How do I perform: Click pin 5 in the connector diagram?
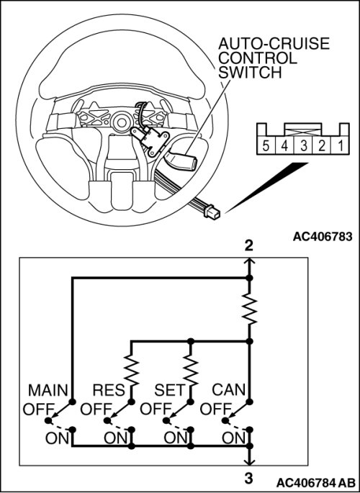pos(266,146)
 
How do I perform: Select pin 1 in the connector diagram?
pos(341,146)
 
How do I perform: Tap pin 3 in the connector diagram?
pos(303,146)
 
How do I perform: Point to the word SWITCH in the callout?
pos(250,73)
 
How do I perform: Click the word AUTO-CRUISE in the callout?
pos(274,44)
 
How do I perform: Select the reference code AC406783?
pos(323,237)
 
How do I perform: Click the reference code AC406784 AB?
pos(315,483)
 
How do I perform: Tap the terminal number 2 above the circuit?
pos(248,245)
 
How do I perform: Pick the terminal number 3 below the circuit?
pos(248,479)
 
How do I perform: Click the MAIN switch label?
pos(48,391)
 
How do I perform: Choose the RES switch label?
pos(109,391)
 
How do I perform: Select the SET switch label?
pos(169,391)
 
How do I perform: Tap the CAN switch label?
pos(228,390)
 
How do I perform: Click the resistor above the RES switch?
pos(132,370)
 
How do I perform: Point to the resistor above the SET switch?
pos(191,370)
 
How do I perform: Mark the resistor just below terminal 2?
pos(250,308)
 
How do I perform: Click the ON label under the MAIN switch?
pos(57,438)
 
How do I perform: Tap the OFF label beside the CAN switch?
pos(215,410)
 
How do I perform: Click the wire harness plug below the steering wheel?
pos(212,212)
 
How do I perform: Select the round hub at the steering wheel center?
pos(120,122)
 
